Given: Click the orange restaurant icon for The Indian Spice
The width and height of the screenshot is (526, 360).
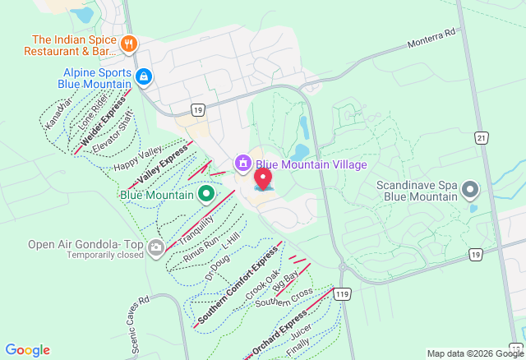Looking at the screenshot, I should coord(127,44).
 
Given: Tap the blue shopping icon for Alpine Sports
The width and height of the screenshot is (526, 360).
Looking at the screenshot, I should coord(144,77).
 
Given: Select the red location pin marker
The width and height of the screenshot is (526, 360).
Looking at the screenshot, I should coord(263,178).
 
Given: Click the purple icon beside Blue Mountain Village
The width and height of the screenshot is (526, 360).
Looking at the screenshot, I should coord(242,164).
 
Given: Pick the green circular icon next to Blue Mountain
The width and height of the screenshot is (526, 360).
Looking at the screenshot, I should coord(206,195).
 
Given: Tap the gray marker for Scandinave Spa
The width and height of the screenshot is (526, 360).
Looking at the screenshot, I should coord(470,191).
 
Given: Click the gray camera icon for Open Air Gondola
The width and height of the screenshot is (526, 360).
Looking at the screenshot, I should coord(156,250).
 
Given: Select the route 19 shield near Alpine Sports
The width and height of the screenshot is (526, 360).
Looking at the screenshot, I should coord(197,108).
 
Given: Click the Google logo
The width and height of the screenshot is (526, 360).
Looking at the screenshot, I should coord(26,350).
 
